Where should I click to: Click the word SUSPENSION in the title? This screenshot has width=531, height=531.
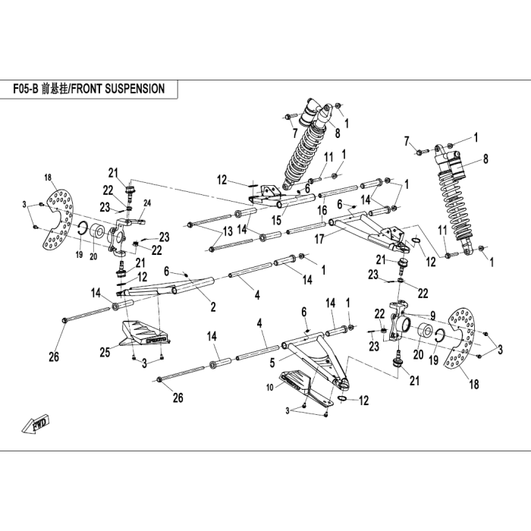click(135, 89)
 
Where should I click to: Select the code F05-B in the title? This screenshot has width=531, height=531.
click(25, 89)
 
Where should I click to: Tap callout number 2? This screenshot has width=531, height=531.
click(213, 306)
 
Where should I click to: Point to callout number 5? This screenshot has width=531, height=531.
click(272, 363)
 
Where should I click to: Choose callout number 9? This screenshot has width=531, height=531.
click(433, 316)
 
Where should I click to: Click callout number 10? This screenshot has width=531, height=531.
click(269, 388)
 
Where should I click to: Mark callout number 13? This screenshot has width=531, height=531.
click(228, 231)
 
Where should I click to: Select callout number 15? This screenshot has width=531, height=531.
click(276, 220)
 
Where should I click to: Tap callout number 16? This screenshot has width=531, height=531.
click(322, 210)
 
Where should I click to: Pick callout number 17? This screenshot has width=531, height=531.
click(319, 239)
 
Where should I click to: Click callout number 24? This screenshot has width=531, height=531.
click(147, 203)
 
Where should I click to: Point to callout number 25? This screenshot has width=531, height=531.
click(105, 352)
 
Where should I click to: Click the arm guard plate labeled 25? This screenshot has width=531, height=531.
click(144, 334)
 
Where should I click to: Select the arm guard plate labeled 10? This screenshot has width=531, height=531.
click(305, 386)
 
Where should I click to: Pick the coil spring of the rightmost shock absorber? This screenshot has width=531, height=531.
click(452, 206)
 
